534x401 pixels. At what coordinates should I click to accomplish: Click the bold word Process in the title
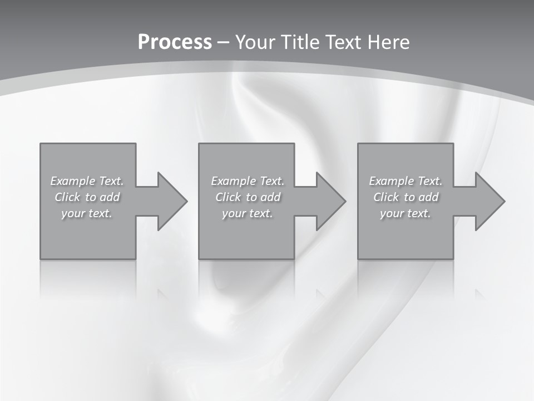pyautogui.click(x=175, y=42)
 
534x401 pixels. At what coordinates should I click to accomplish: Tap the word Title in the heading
pyautogui.click(x=301, y=42)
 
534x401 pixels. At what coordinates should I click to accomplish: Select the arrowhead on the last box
pyautogui.click(x=489, y=201)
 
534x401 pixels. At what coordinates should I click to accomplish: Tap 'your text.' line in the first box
pyautogui.click(x=87, y=213)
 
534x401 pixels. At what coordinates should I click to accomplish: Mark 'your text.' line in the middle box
pyautogui.click(x=248, y=213)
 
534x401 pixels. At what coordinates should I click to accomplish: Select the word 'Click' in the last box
pyautogui.click(x=387, y=197)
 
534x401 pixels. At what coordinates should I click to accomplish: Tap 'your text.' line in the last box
pyautogui.click(x=406, y=213)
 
